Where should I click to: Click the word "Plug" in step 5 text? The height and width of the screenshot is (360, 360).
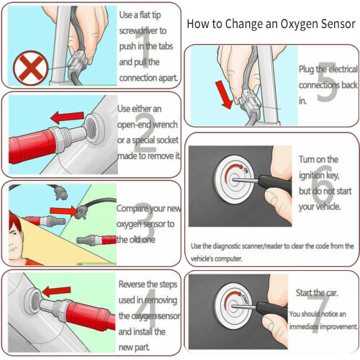(x=308, y=68)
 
